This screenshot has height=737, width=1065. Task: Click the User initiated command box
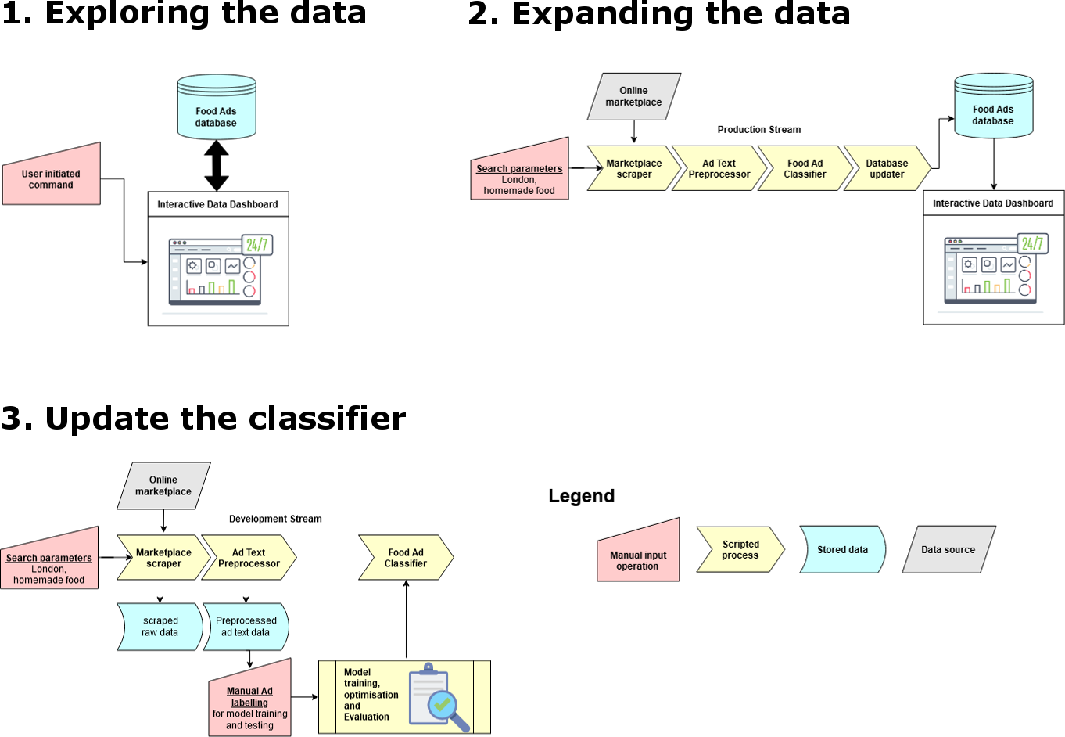pos(52,178)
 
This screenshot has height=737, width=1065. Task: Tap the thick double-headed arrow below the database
pos(217,165)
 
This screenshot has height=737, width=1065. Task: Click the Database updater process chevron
pos(887,168)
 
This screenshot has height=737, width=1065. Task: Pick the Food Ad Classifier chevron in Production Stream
pos(805,168)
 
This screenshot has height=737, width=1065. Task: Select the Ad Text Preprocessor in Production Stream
pos(719,168)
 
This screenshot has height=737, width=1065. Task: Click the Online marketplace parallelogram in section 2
pos(633,96)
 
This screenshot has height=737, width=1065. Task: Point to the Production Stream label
pos(758,130)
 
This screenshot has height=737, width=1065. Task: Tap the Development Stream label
pos(275,519)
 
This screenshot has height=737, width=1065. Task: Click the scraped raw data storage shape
pos(160,627)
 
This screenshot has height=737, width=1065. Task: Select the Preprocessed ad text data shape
pos(246,627)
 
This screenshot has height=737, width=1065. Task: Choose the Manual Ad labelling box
pos(250,703)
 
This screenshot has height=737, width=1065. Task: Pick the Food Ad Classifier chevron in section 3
pos(406,558)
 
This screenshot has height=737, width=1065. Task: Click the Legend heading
pos(582,496)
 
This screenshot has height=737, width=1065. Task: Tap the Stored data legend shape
pos(842,549)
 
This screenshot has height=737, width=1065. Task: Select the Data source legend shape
pos(948,549)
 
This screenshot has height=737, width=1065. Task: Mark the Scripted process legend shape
pos(740,549)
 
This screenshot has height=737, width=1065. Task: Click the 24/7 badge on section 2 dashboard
pos(1032,243)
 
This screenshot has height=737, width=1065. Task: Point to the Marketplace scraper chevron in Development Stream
pos(163,558)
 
